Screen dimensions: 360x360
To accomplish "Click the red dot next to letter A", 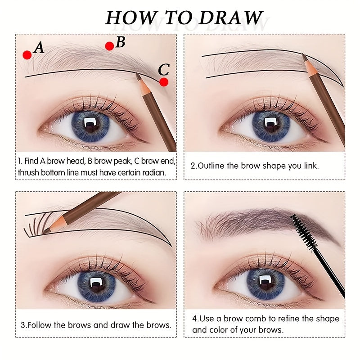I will (x=27, y=55).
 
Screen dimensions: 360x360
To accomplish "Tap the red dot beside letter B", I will (x=109, y=46).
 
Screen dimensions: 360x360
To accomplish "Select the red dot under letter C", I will (x=164, y=82).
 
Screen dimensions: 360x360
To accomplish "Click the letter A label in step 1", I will (x=39, y=47).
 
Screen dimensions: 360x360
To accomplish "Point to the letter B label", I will (x=120, y=42).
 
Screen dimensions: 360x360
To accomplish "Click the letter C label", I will (x=164, y=70).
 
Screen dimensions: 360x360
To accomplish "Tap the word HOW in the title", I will (x=126, y=18).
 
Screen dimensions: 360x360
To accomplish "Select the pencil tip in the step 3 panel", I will (x=45, y=230).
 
